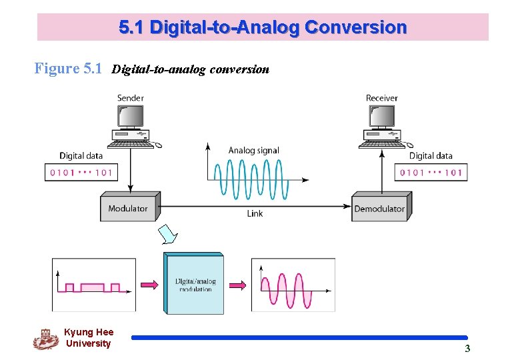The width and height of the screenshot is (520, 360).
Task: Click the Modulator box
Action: click(x=128, y=209)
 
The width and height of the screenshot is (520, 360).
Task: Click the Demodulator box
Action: click(x=379, y=209)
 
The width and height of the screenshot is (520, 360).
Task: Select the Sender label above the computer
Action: click(x=131, y=98)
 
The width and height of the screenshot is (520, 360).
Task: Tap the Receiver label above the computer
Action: click(x=381, y=98)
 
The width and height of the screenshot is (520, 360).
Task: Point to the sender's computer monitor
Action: click(x=130, y=117)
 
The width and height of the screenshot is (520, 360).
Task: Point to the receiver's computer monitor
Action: click(x=381, y=117)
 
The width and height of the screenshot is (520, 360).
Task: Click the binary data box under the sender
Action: click(x=81, y=173)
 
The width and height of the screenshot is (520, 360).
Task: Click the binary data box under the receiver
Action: click(x=431, y=173)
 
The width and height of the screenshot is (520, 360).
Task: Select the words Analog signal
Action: click(x=253, y=151)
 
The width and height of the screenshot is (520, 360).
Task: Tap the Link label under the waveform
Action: click(x=255, y=213)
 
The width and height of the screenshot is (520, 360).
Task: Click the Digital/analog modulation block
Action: click(x=194, y=285)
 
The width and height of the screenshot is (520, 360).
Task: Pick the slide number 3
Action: click(x=467, y=348)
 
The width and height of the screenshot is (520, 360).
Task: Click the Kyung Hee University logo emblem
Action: click(x=45, y=339)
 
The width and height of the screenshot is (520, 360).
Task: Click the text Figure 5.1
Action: click(x=69, y=69)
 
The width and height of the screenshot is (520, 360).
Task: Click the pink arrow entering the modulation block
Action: click(x=150, y=285)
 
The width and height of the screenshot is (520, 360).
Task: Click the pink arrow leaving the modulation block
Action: click(x=237, y=285)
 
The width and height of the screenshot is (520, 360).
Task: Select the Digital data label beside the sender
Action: click(x=81, y=156)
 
